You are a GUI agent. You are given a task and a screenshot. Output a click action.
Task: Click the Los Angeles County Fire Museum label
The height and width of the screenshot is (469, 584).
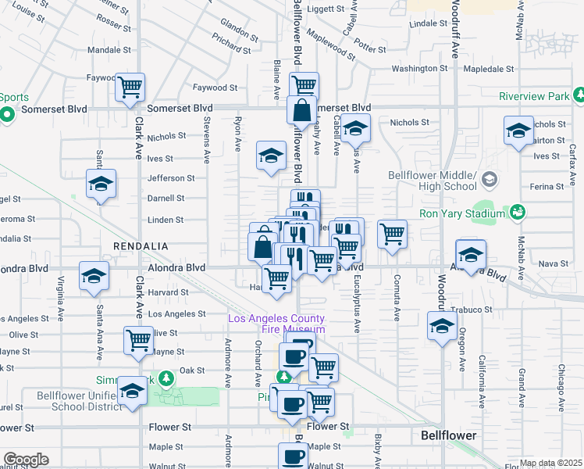click(276, 324)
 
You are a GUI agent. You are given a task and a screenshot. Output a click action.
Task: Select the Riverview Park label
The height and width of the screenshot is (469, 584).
click(534, 97)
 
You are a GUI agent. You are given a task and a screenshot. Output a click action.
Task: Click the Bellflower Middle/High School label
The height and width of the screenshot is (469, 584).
click(433, 180)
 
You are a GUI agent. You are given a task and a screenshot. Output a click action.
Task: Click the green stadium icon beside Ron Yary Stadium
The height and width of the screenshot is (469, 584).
click(516, 212)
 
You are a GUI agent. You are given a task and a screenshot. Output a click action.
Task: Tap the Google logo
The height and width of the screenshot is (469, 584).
click(26, 460)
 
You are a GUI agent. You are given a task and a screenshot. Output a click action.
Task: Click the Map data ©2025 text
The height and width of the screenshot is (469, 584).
click(550, 463)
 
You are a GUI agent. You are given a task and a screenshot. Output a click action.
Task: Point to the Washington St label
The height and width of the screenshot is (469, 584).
click(419, 68)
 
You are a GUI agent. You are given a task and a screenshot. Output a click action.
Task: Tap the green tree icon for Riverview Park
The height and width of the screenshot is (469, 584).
click(579, 95)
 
